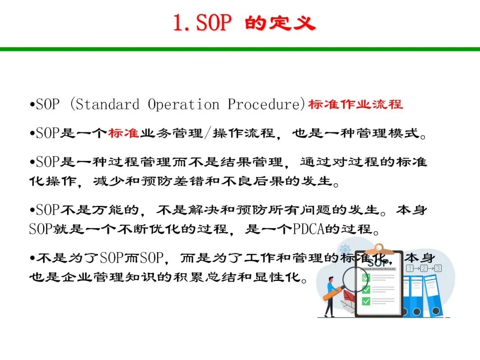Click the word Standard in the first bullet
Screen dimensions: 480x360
107,104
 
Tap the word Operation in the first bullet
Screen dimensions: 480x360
184,104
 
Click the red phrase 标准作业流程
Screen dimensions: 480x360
356,104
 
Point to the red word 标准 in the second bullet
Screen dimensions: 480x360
124,133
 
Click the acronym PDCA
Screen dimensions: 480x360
308,229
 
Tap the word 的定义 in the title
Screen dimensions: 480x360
280,23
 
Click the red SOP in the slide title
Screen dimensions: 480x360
214,23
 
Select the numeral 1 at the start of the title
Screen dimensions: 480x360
178,23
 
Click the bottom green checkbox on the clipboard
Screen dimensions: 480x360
366,301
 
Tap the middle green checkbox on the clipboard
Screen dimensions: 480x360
366,289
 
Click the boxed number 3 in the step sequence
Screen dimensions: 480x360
438,268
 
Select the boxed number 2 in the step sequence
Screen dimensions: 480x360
424,268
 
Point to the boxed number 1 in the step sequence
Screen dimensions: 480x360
410,268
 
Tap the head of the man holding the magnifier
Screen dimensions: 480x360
331,279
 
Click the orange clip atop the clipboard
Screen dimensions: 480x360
379,248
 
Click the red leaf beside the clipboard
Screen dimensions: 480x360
348,296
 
